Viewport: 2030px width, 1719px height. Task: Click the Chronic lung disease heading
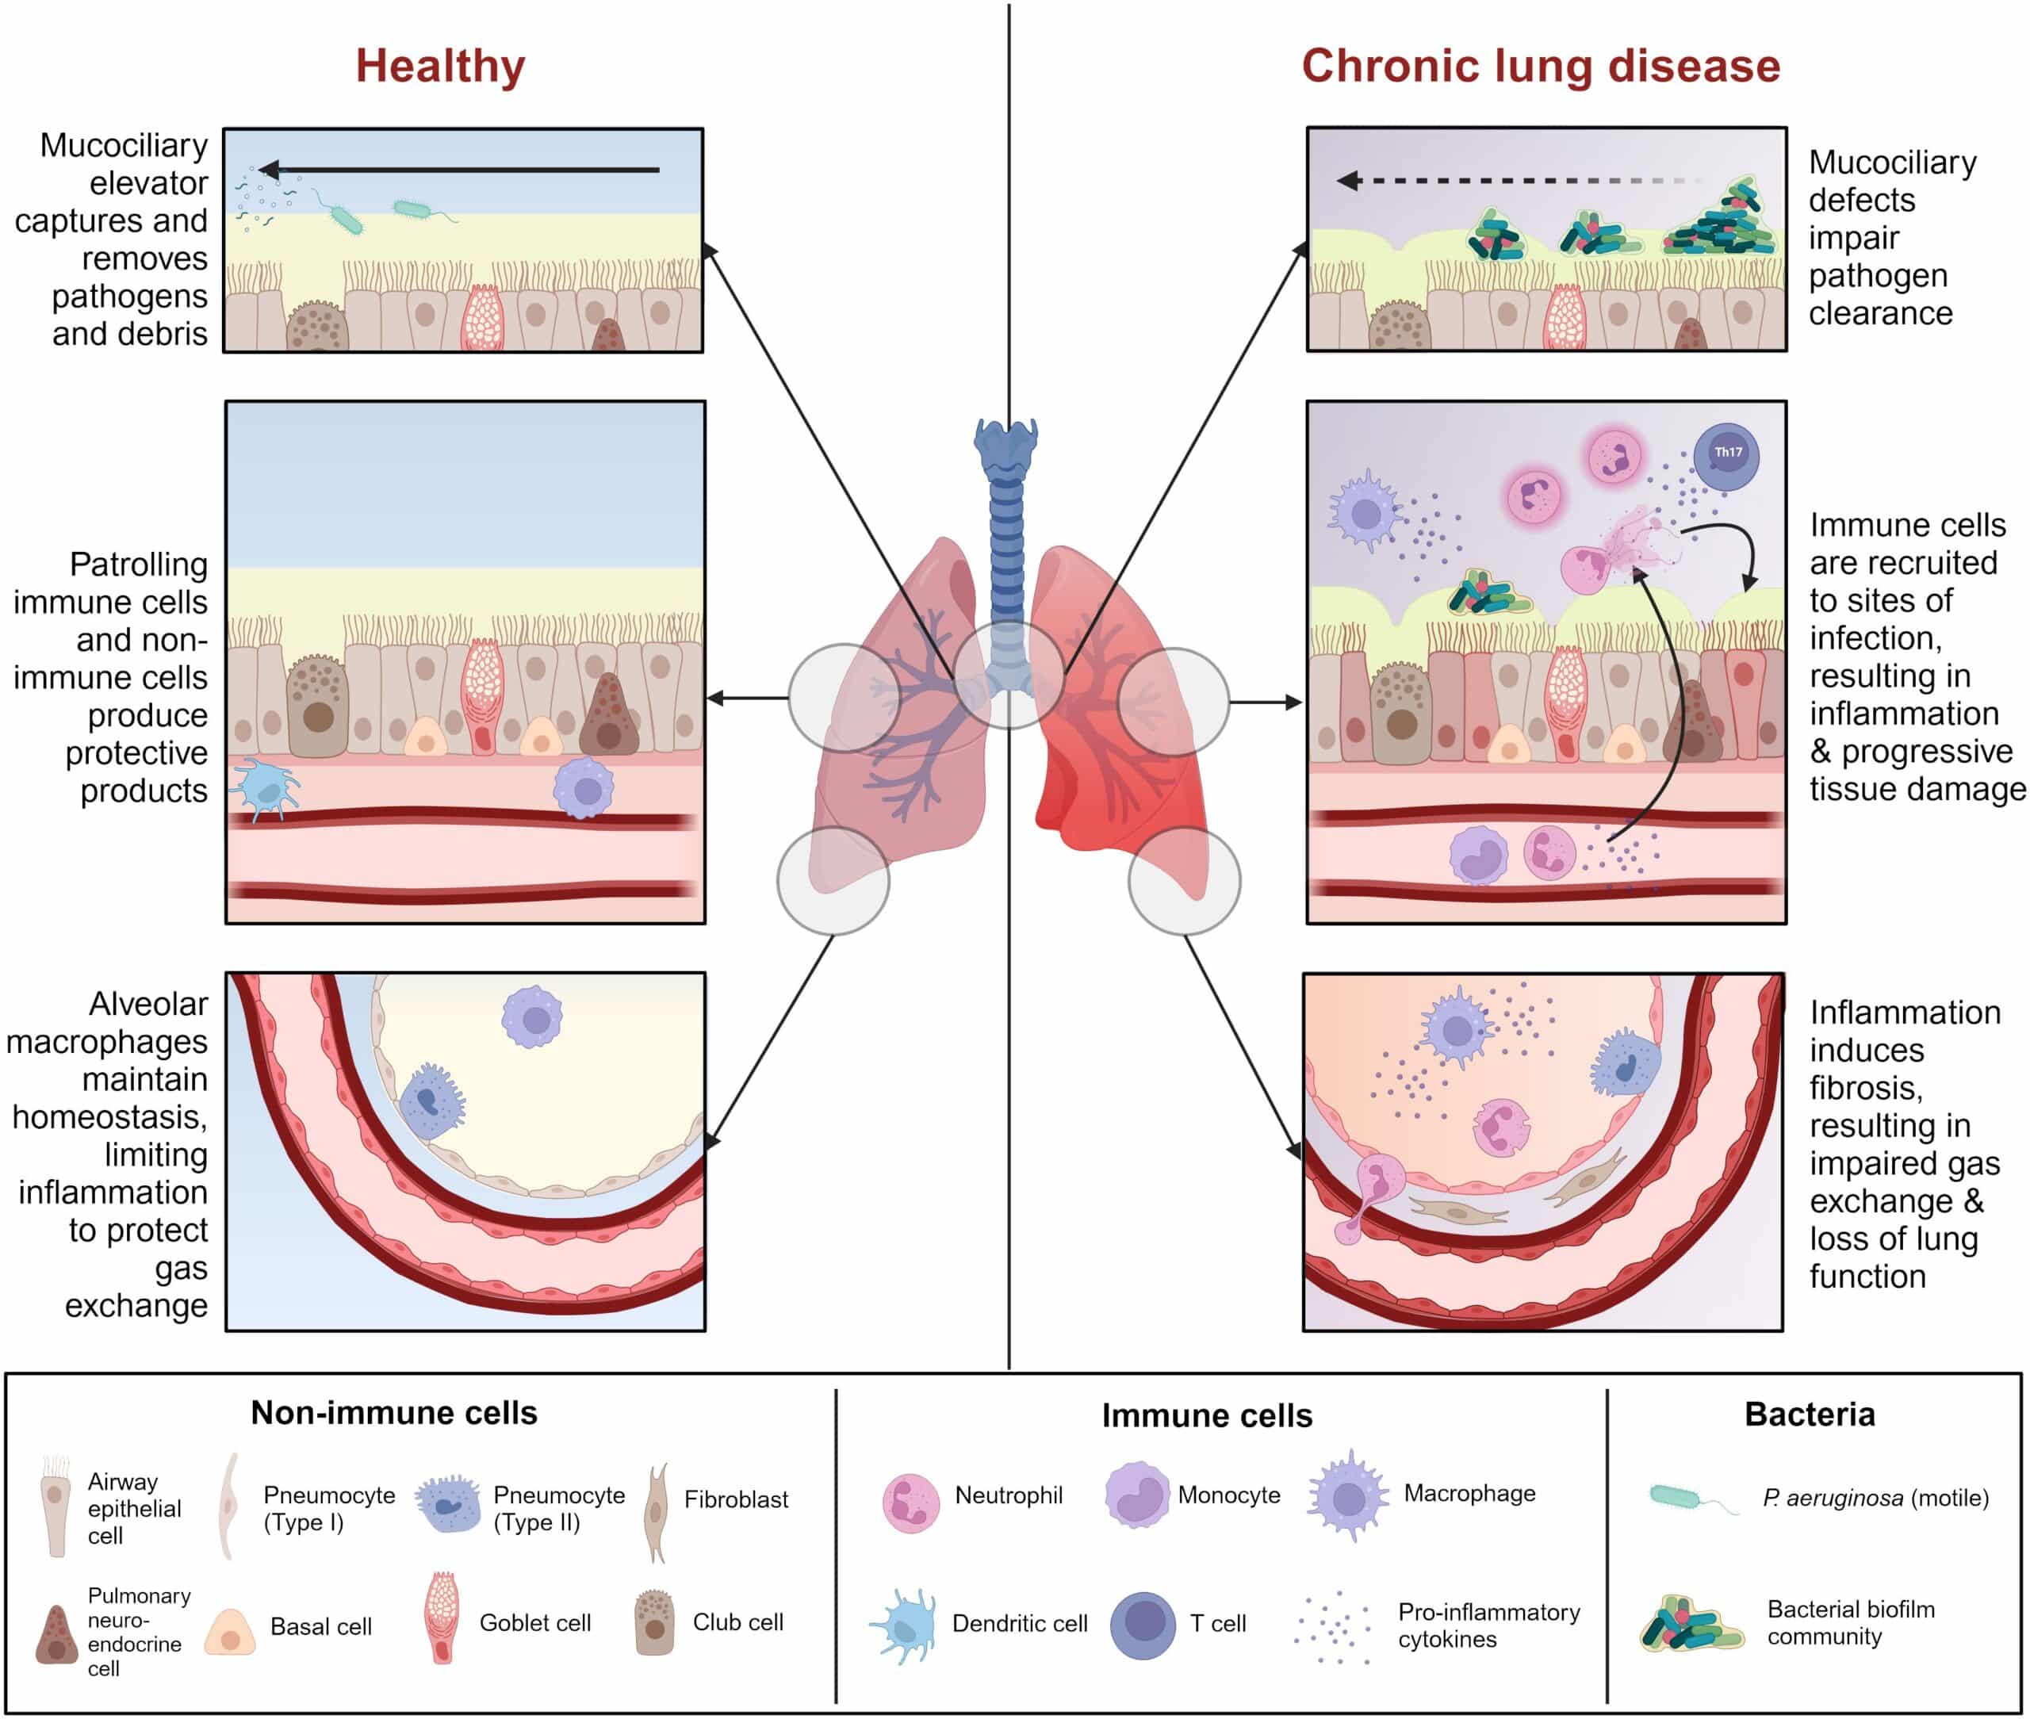tap(1540, 67)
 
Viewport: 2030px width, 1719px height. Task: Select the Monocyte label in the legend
tap(1228, 1495)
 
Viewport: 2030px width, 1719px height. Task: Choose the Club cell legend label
tap(737, 1621)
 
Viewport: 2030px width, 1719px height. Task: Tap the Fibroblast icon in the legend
tap(657, 1511)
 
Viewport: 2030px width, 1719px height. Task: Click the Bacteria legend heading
tap(1809, 1414)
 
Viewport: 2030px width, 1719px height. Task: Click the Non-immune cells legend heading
tap(394, 1413)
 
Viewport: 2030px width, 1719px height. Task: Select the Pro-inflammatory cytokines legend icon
tap(1333, 1627)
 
